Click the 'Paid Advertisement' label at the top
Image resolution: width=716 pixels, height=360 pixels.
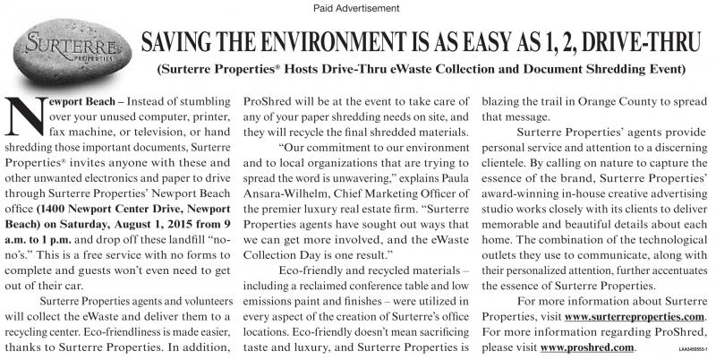[x=357, y=8]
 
